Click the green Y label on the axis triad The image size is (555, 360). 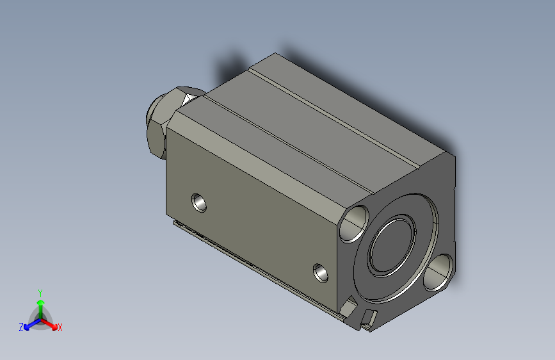tap(40, 293)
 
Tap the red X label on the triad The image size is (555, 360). tap(60, 327)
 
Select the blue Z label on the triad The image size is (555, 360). tap(21, 327)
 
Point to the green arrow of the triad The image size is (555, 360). tap(41, 309)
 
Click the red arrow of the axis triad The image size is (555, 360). tap(49, 324)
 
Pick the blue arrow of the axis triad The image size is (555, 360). tap(33, 324)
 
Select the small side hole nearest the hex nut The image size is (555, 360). tap(199, 202)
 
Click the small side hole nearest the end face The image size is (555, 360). tap(321, 273)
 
